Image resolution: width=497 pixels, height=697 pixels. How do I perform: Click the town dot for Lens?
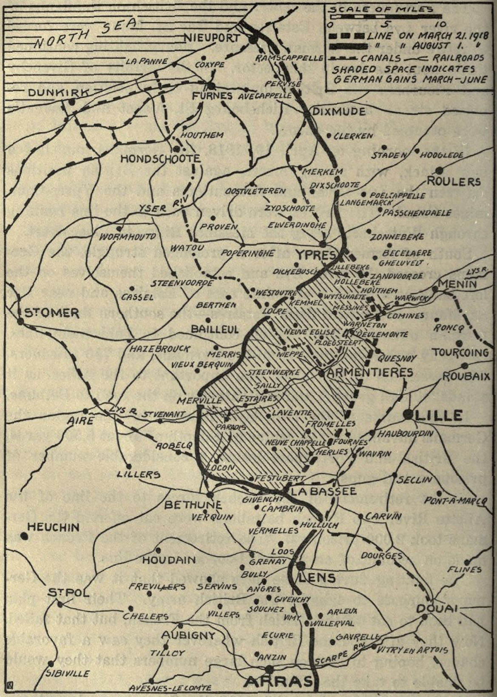coord(301,566)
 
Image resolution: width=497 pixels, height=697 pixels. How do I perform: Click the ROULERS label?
coord(454,182)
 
